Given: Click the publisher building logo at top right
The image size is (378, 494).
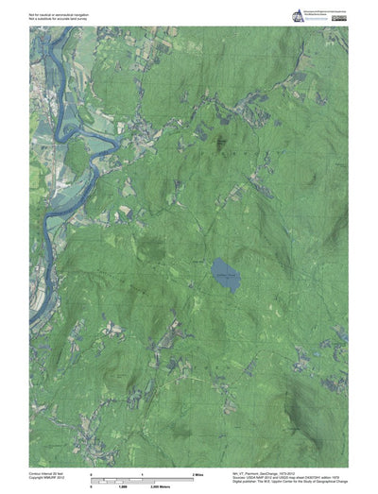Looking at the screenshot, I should click(x=300, y=13).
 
